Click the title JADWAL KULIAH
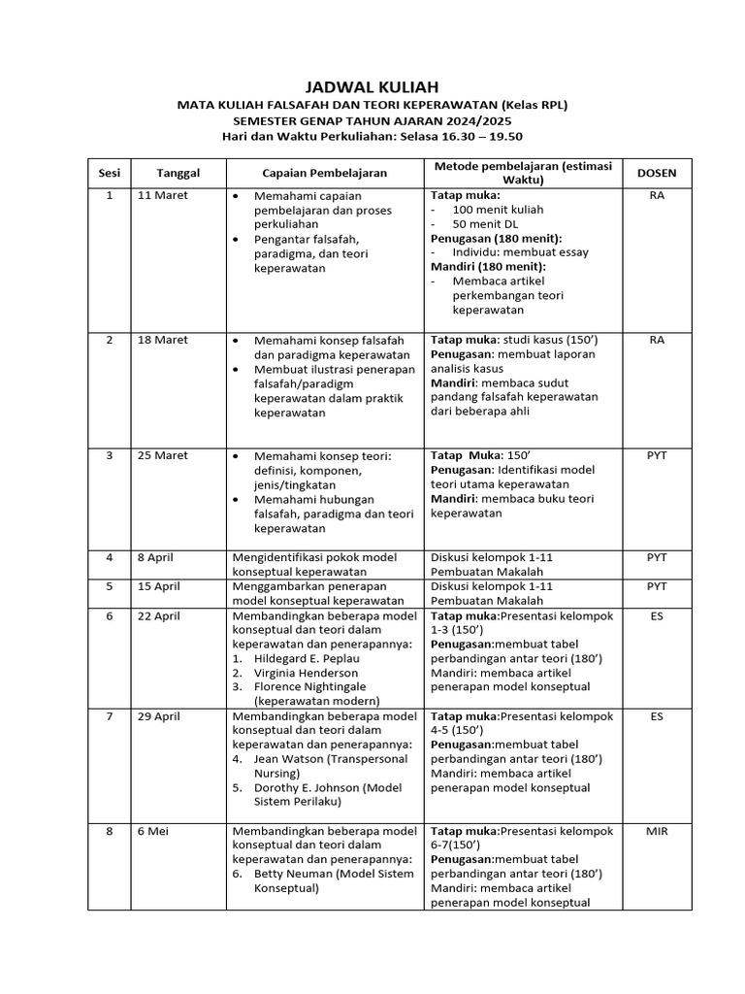click(372, 87)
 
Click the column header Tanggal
click(178, 173)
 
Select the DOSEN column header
click(657, 173)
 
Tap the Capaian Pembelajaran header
click(324, 173)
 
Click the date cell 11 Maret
click(164, 195)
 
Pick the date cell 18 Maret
click(164, 340)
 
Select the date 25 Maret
click(164, 455)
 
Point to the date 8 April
click(158, 557)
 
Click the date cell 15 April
click(160, 586)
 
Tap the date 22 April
click(160, 615)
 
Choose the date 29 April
click(160, 716)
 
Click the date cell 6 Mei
click(152, 831)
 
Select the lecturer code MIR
click(657, 831)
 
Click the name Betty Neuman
click(291, 874)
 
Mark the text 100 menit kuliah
click(498, 209)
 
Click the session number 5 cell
click(110, 586)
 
